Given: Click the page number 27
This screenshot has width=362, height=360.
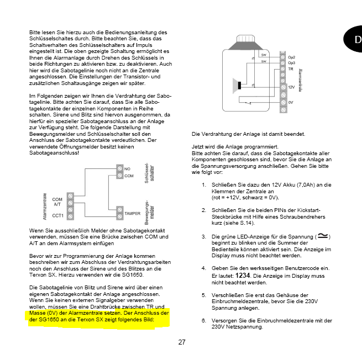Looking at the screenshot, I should tap(182, 342).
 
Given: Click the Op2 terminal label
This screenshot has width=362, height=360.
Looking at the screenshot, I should tap(291, 57).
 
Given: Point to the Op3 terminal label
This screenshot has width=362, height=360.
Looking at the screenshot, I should tap(291, 63).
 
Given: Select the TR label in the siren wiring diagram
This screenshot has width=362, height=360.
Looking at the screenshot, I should tap(291, 69).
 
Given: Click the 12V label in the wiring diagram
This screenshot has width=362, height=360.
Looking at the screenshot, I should tap(292, 87).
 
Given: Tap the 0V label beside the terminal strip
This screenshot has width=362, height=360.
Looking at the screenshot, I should tap(291, 102).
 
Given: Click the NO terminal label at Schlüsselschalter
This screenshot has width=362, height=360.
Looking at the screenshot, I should tap(128, 168).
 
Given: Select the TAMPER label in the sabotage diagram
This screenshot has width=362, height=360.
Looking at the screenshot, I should tap(132, 211).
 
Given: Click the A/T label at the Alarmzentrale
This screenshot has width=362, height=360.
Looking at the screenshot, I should tap(57, 204).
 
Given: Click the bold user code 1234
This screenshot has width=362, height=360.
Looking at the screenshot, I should tap(243, 276).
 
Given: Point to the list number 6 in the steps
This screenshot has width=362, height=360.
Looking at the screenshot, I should tap(204, 320).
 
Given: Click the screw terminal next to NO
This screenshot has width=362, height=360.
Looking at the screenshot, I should tap(119, 168).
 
